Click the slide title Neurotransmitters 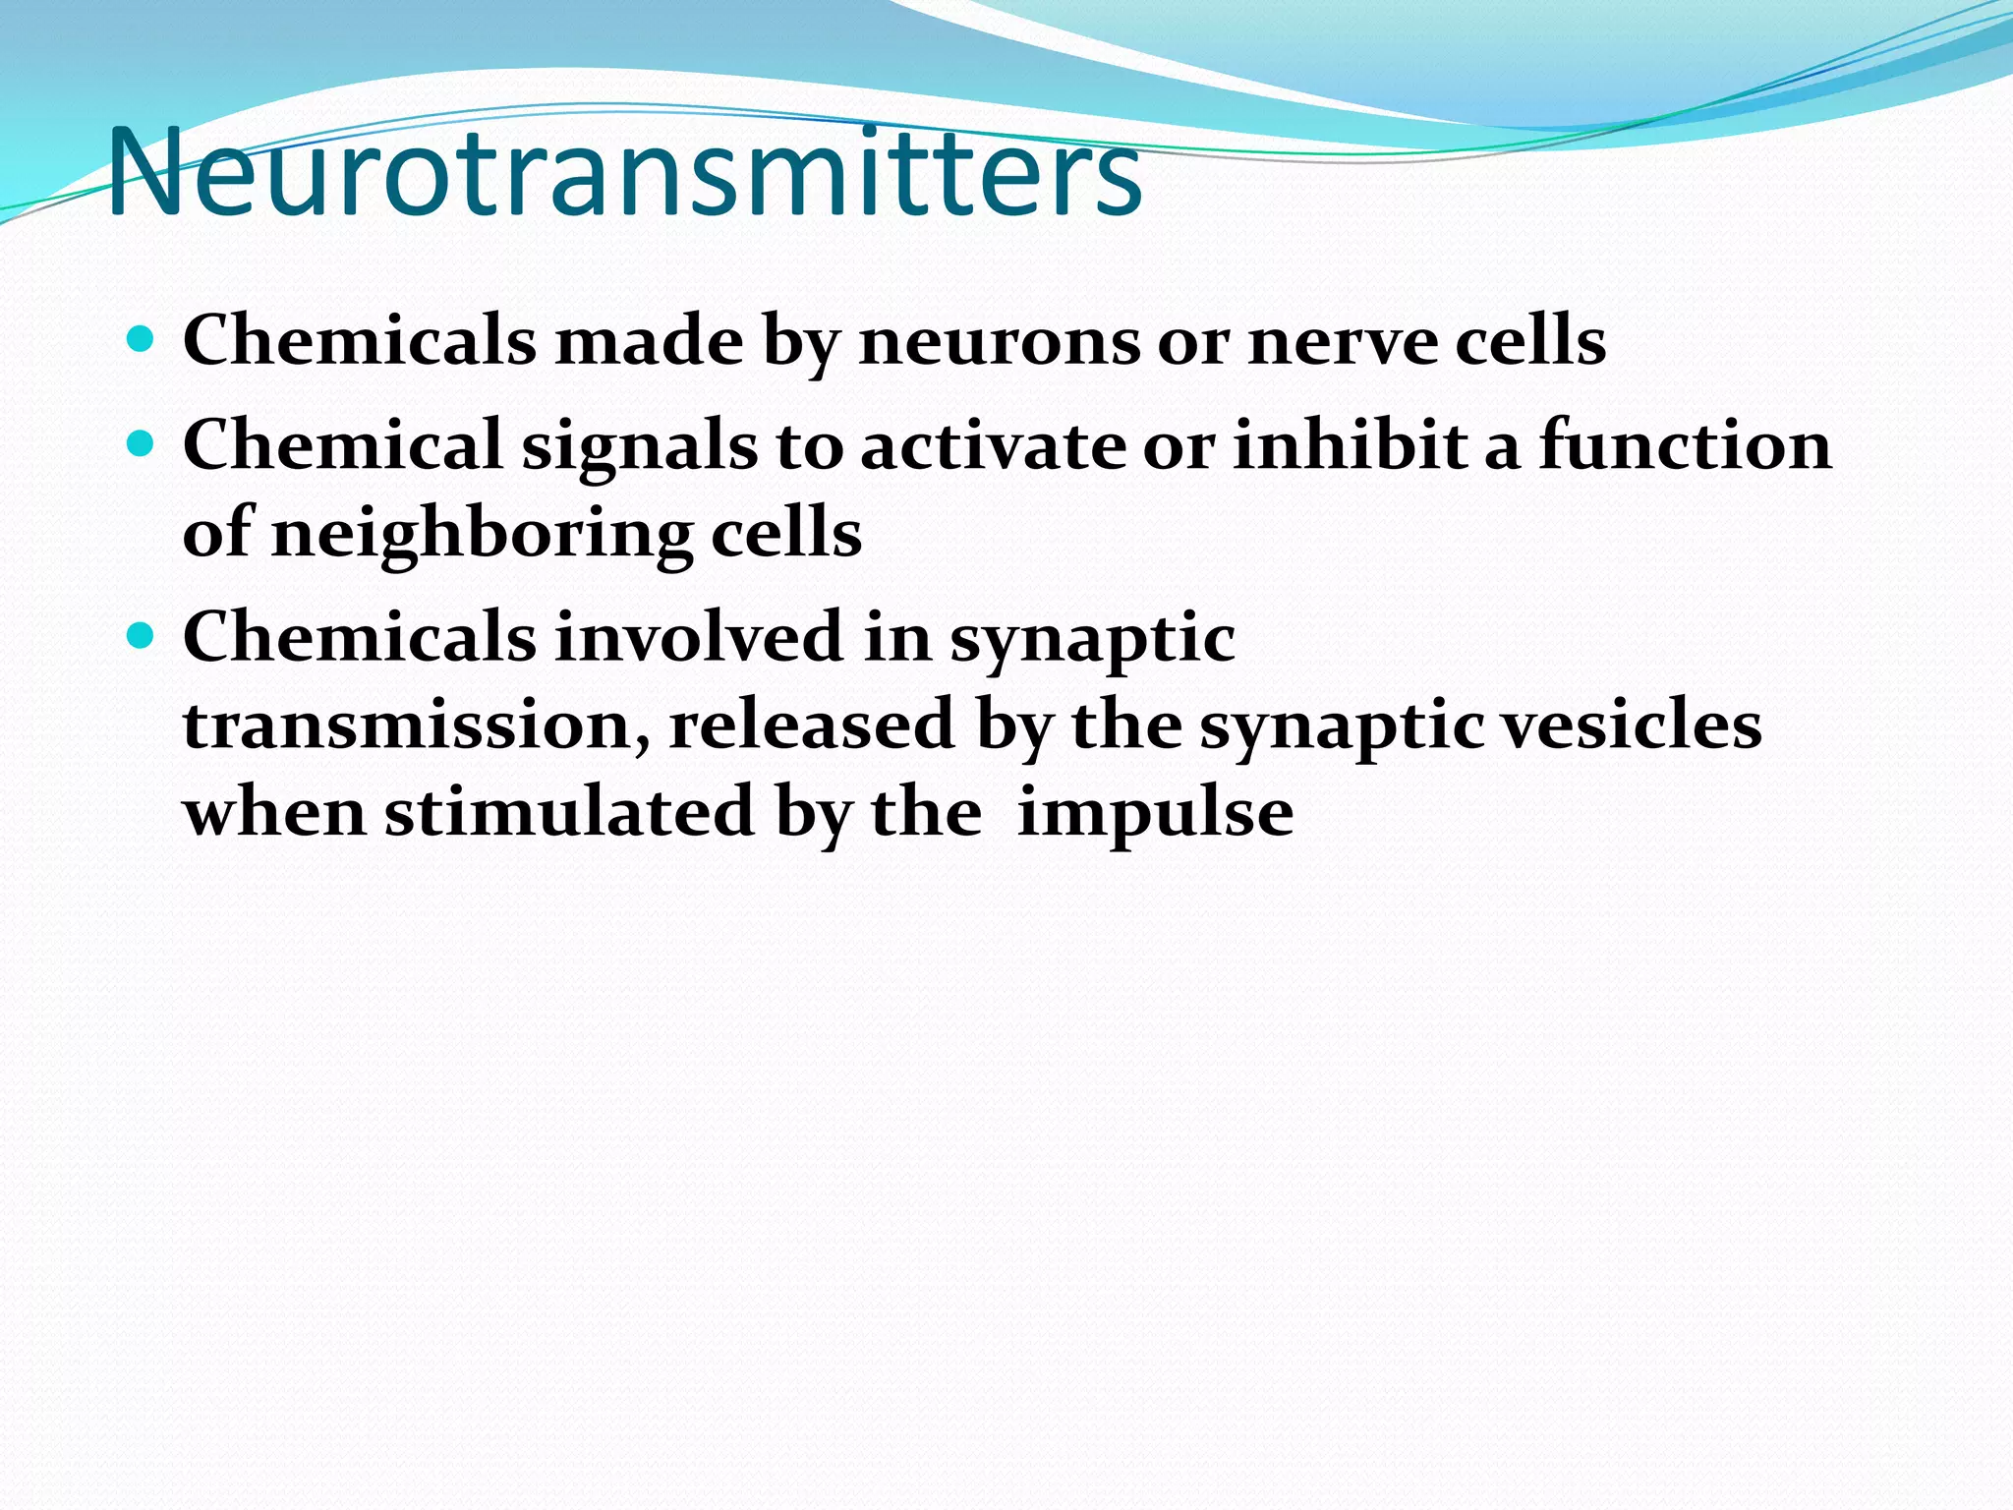[x=625, y=175]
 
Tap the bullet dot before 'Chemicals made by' [x=142, y=340]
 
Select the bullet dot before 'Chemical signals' [x=142, y=444]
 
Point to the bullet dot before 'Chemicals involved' [x=142, y=636]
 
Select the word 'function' [x=1685, y=444]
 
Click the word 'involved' [x=699, y=637]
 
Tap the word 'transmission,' [x=417, y=726]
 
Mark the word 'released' [x=812, y=725]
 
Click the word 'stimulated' [x=569, y=813]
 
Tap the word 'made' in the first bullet [x=650, y=342]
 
